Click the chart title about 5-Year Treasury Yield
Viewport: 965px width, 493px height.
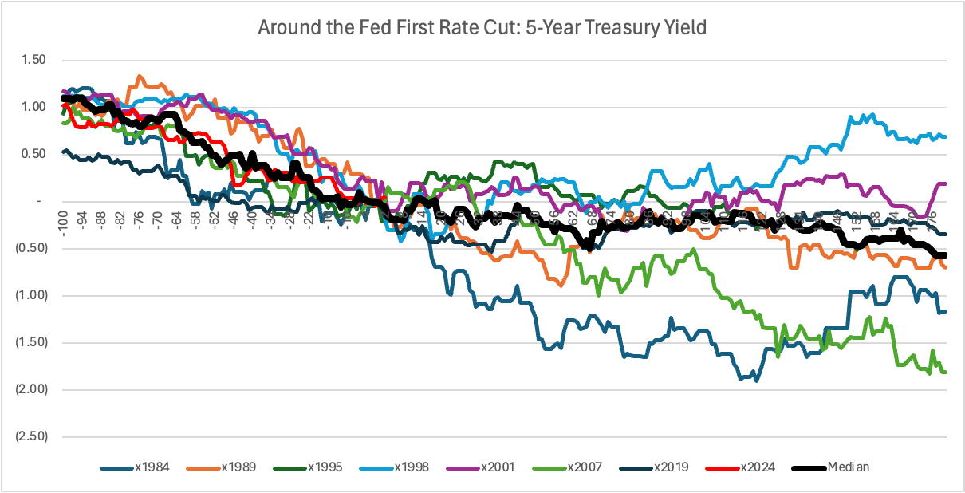click(482, 28)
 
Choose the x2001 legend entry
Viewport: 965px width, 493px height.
click(490, 467)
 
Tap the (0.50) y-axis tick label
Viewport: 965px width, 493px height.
click(31, 248)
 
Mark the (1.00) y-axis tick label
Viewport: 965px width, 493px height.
click(31, 295)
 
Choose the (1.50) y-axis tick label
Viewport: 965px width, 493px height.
click(31, 342)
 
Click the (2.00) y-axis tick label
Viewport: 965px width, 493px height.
click(31, 389)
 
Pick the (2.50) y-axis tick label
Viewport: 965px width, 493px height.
click(31, 436)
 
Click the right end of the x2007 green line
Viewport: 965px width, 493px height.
click(946, 372)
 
